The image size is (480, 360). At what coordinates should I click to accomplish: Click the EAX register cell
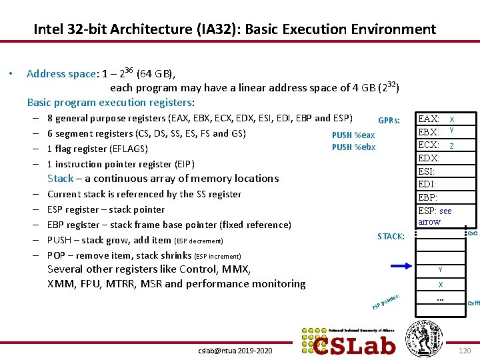(x=436, y=119)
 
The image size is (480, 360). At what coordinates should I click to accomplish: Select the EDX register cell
(x=436, y=158)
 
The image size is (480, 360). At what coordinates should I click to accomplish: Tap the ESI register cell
(x=436, y=171)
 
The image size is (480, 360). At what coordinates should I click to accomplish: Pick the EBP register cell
(x=436, y=197)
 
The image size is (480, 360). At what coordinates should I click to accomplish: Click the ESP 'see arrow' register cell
(x=436, y=216)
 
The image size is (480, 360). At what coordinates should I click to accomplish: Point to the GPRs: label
(x=389, y=121)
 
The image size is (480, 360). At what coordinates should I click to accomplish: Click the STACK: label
(x=391, y=236)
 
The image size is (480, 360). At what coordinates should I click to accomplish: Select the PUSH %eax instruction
(x=353, y=135)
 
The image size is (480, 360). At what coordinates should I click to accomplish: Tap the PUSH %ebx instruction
(x=353, y=147)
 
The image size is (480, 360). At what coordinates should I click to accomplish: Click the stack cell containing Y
(x=440, y=269)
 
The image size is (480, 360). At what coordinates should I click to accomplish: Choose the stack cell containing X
(x=440, y=284)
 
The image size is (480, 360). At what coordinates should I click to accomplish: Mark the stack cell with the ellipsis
(x=440, y=299)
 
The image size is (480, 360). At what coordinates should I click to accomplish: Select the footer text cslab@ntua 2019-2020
(x=235, y=350)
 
